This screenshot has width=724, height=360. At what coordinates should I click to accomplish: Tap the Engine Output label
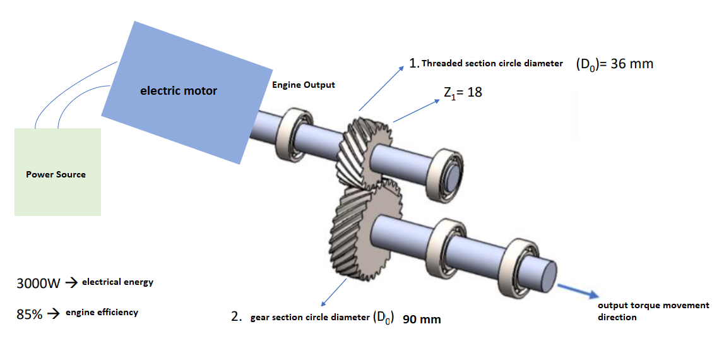304,85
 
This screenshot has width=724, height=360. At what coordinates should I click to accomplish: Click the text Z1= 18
463,92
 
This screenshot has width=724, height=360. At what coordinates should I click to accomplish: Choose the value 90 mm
422,320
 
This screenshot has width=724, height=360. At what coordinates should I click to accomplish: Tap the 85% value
29,314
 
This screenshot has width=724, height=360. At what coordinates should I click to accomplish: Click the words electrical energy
117,282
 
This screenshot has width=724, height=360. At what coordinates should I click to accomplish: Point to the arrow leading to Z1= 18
415,110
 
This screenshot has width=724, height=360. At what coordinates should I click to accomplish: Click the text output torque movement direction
653,311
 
